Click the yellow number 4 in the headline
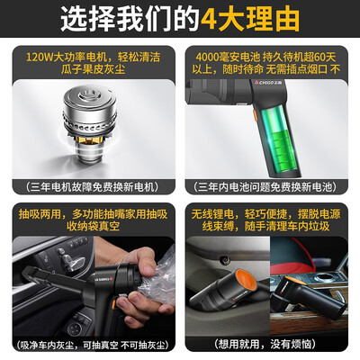[209, 20]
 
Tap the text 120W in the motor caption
[39, 57]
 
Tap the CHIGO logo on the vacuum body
[263, 82]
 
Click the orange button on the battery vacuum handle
[255, 116]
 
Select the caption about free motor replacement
[92, 187]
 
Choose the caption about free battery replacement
[265, 187]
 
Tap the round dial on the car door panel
[75, 329]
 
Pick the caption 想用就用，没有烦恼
[265, 344]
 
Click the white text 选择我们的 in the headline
[130, 20]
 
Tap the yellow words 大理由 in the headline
[259, 20]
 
